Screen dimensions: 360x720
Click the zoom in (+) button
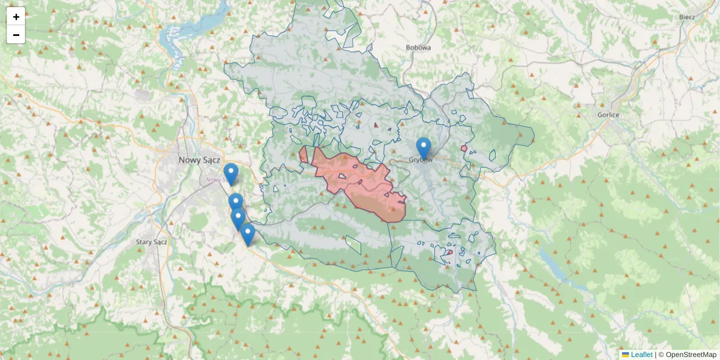pyautogui.click(x=16, y=17)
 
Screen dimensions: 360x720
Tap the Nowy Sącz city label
pyautogui.click(x=200, y=160)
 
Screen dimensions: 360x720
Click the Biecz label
pyautogui.click(x=687, y=17)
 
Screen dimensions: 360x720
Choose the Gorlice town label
pyautogui.click(x=608, y=114)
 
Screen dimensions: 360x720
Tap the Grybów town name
pyautogui.click(x=421, y=160)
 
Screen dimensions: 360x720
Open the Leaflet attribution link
pyautogui.click(x=641, y=355)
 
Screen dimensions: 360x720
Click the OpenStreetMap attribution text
pyautogui.click(x=691, y=355)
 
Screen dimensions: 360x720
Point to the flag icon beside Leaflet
pyautogui.click(x=625, y=355)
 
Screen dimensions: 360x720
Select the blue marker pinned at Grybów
pyautogui.click(x=424, y=147)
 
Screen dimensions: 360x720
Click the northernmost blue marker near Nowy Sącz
pyautogui.click(x=230, y=173)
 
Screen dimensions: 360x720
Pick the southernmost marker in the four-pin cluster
pyautogui.click(x=247, y=233)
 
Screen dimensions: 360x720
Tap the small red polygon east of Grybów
pyautogui.click(x=464, y=148)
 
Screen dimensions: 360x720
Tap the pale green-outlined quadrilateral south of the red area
pyautogui.click(x=354, y=244)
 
